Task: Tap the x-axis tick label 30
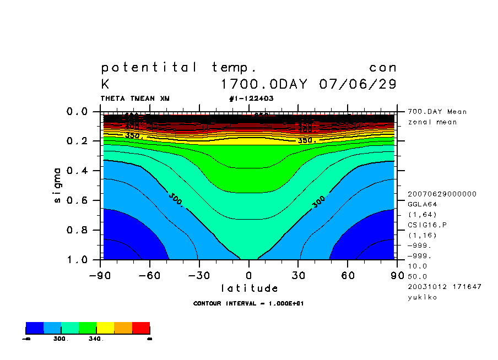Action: coord(299,275)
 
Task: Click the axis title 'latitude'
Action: coord(250,288)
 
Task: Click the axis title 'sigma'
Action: coord(58,186)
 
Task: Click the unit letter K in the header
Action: coord(105,85)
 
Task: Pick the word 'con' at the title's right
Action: coord(383,68)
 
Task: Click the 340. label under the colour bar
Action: coord(96,339)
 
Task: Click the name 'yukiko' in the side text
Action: coord(421,297)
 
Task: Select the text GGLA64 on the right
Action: coord(421,204)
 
